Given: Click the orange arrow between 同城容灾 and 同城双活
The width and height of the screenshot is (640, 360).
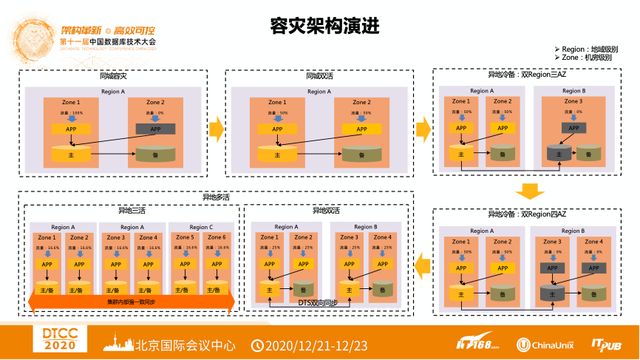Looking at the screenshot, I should coord(215,127).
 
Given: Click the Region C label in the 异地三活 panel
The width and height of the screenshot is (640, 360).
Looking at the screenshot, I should coord(200,227).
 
